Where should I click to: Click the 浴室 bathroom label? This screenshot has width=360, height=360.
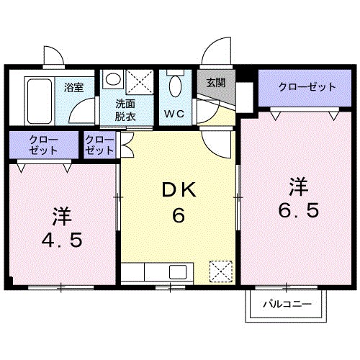(73, 87)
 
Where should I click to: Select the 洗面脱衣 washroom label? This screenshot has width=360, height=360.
(125, 109)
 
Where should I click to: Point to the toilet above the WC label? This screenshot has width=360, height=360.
(173, 86)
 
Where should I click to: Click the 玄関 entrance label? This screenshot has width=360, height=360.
(215, 82)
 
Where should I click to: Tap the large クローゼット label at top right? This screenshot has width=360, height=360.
(307, 87)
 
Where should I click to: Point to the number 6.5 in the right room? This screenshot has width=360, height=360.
(299, 212)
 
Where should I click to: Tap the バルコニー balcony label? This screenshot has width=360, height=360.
(287, 305)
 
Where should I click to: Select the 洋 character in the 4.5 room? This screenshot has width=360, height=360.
(61, 215)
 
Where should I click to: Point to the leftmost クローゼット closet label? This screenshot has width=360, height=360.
(41, 145)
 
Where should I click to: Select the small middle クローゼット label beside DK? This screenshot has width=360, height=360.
(100, 145)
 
